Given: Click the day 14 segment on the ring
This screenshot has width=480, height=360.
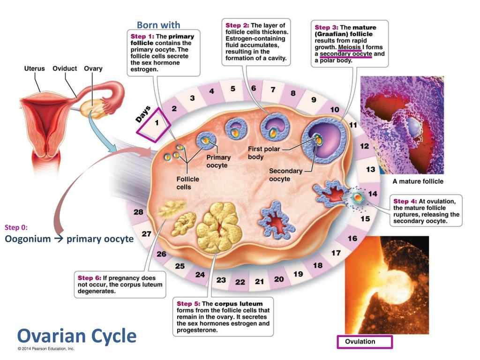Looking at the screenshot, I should (x=373, y=193).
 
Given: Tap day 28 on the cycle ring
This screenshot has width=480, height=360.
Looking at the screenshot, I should (x=138, y=212).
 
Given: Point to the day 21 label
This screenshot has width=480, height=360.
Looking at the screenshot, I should (x=259, y=282).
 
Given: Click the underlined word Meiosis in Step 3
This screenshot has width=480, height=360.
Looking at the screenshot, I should (x=349, y=47).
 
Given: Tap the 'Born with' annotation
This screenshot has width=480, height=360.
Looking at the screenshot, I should (x=158, y=25).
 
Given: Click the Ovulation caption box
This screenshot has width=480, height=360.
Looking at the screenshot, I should (x=365, y=342).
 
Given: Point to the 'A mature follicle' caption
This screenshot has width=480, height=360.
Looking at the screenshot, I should (x=418, y=181).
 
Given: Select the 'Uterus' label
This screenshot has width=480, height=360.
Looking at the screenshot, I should (x=34, y=68).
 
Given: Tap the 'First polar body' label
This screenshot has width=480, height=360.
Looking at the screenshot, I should (x=262, y=153).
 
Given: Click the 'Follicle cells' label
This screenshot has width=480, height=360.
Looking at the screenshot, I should (x=187, y=183).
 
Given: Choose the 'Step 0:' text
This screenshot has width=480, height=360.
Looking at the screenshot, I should (x=16, y=227).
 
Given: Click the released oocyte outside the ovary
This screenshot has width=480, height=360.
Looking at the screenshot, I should (x=358, y=199).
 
